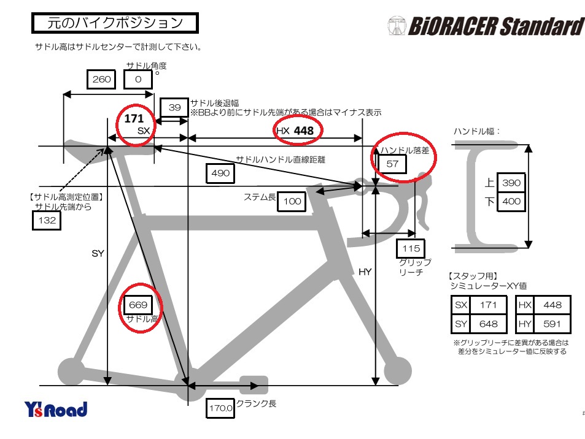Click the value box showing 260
pos(101,79)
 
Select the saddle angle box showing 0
pos(138,79)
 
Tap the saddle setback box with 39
pos(174,108)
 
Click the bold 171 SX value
pos(134,118)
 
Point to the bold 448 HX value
pos(304,131)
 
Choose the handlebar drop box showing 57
pos(392,164)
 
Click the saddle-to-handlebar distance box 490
pos(220,174)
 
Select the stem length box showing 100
pos(292,202)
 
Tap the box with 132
pos(47,220)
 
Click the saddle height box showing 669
pos(138,305)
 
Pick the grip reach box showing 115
pos(411,248)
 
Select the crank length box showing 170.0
pos(220,408)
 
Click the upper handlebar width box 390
pos(511,183)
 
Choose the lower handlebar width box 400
pos(511,202)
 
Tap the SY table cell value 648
pos(488,324)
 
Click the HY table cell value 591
pos(552,324)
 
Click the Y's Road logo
pos(56,409)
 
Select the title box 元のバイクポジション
pos(115,23)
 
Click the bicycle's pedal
pos(254,385)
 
